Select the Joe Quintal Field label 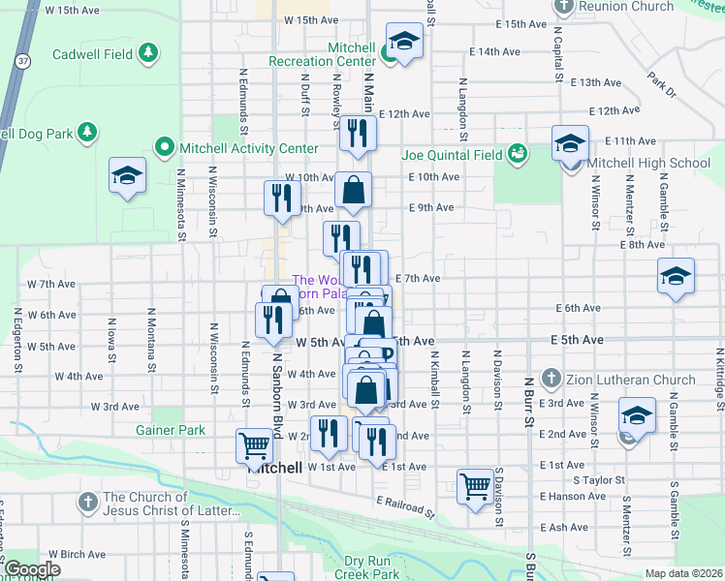(x=451, y=154)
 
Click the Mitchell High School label (x=648, y=163)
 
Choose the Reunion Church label (x=625, y=6)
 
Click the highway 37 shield (x=20, y=60)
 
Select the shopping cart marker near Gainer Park (x=255, y=445)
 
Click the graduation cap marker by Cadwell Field (x=127, y=175)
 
